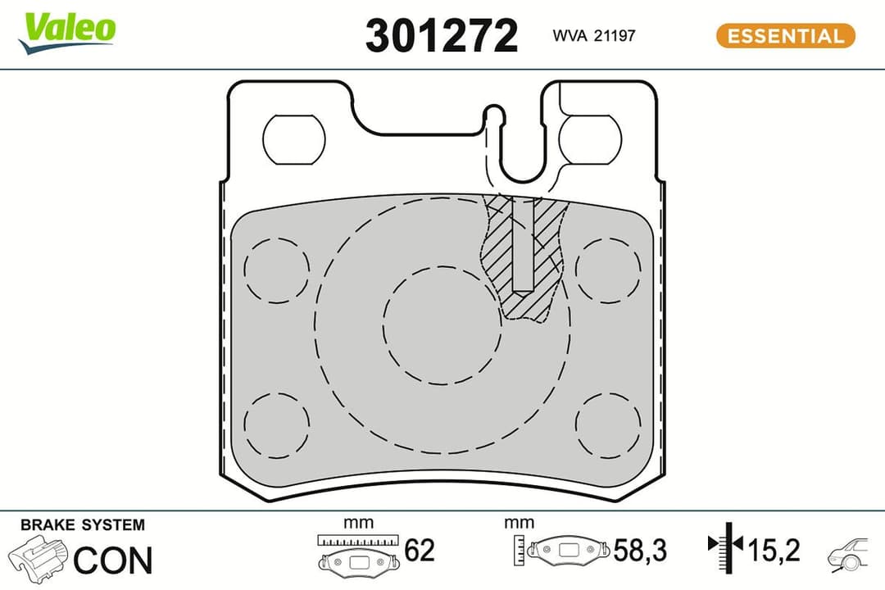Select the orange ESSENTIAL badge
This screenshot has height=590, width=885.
(x=785, y=36)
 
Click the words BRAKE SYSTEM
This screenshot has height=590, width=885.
(x=82, y=524)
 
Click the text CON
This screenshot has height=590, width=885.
(x=113, y=560)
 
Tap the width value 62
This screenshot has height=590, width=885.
(x=420, y=551)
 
